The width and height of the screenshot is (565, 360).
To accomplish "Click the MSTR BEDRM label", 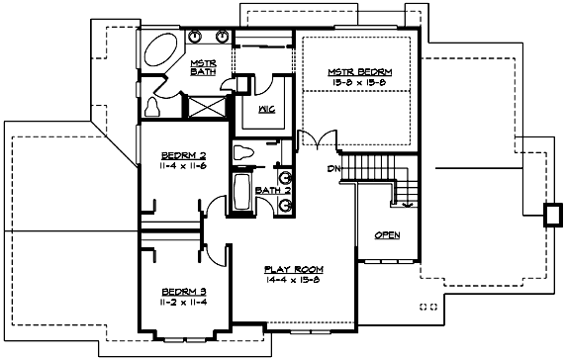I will (x=361, y=72).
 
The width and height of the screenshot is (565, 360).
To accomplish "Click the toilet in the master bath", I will (x=154, y=105).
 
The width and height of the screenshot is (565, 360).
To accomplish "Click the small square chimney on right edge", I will (x=551, y=213).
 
